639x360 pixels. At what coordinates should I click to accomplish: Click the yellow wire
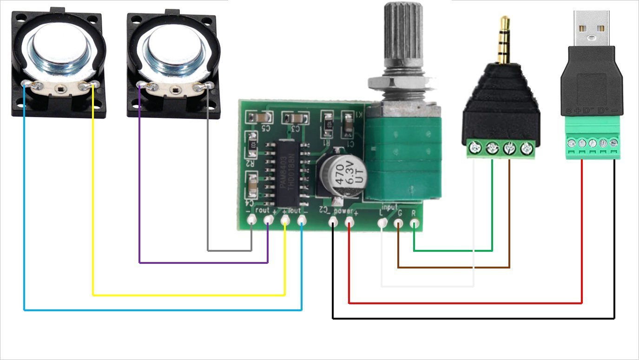click(186, 295)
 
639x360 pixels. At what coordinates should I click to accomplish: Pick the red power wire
click(465, 303)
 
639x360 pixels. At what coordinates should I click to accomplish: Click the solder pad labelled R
click(414, 223)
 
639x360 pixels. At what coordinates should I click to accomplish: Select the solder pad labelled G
click(398, 223)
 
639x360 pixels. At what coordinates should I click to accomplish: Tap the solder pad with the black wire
click(333, 223)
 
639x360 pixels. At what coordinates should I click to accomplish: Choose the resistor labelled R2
click(253, 144)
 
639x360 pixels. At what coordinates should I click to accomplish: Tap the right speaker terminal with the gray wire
click(208, 85)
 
